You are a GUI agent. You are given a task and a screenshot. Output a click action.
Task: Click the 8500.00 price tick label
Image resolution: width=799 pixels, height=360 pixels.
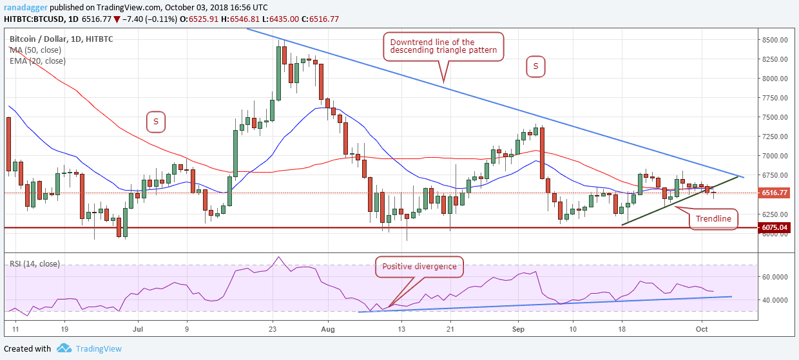(776, 40)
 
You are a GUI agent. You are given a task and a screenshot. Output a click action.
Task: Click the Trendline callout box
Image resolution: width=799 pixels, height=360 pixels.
(713, 219)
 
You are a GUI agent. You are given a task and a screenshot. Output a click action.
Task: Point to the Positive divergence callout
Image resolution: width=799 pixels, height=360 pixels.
(419, 266)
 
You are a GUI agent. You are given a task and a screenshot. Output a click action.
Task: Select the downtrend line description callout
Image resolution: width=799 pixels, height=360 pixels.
(443, 47)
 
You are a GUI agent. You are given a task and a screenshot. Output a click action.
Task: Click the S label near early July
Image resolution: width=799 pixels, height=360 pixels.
(155, 120)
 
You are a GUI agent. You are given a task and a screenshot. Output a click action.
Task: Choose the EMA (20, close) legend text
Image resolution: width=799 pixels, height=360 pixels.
(38, 61)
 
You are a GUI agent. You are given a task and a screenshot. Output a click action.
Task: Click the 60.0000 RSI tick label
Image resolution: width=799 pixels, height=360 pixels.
(776, 278)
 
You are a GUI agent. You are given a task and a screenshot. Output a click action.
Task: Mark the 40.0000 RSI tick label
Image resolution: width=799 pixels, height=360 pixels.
(776, 300)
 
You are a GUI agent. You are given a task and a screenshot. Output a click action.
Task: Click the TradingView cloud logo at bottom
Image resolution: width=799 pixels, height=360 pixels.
(64, 348)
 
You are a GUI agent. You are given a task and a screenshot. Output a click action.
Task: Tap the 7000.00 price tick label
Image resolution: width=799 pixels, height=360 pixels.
(776, 156)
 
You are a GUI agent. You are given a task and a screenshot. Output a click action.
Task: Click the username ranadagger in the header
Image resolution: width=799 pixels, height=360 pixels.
(27, 7)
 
